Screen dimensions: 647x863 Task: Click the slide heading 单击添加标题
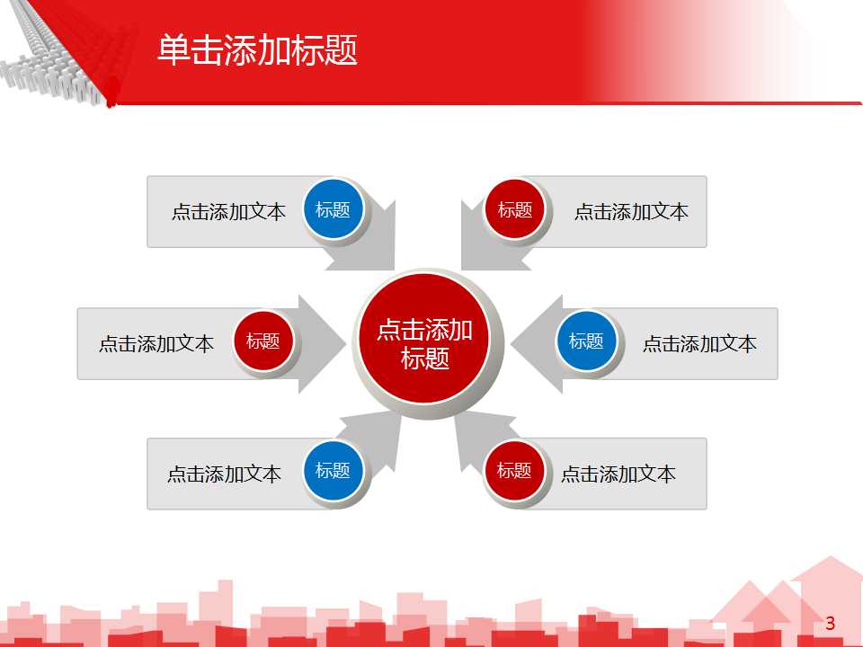pos(257,50)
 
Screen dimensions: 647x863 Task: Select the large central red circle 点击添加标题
pos(424,343)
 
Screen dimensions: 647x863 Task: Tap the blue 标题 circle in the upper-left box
pos(333,210)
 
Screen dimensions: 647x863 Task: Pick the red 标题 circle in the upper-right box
pos(515,210)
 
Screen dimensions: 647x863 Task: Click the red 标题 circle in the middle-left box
pos(263,341)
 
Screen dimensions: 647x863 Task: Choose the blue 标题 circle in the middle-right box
pos(586,341)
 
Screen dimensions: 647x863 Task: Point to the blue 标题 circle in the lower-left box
pos(333,470)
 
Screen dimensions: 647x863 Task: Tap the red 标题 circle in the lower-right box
pos(515,470)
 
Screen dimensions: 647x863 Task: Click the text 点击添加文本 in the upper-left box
pos(228,212)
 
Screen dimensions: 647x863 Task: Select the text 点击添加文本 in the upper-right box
pos(631,212)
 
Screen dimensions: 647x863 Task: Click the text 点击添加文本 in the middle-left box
pos(156,343)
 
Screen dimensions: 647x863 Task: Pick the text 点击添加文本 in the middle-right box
pos(699,343)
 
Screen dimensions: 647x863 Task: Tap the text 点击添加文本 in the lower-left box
pos(224,474)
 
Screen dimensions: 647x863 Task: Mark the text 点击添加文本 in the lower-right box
pos(618,474)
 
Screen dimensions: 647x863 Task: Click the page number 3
pos(830,624)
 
